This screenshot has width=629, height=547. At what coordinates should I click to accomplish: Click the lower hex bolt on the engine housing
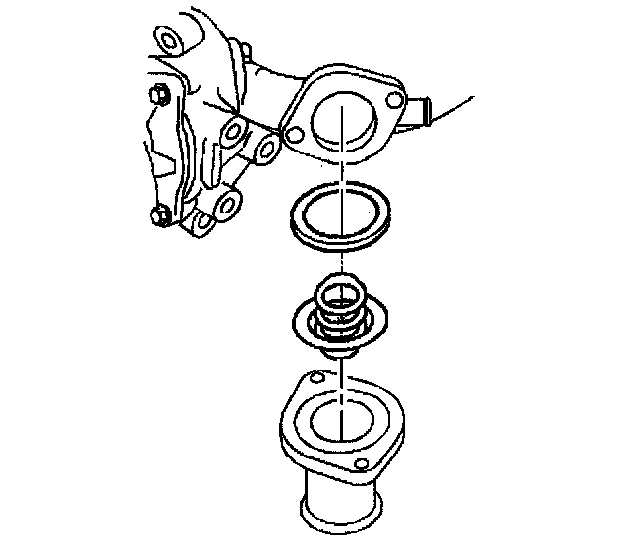point(157,216)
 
